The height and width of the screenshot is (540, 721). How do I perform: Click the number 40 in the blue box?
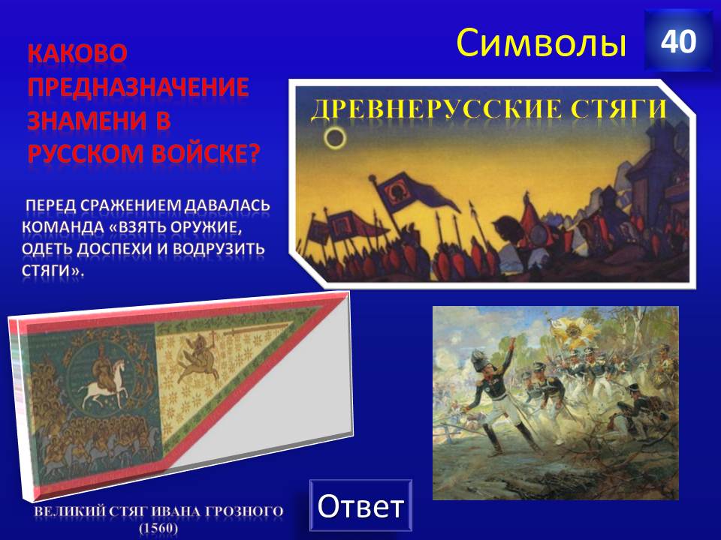[678, 42]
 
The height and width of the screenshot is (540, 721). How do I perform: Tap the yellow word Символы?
[542, 43]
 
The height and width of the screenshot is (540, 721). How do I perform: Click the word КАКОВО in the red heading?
[77, 53]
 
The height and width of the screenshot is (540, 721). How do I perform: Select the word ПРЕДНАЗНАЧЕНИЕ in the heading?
[138, 87]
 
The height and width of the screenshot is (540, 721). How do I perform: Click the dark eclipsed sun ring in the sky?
[334, 136]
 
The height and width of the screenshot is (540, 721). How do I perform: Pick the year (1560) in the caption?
[158, 528]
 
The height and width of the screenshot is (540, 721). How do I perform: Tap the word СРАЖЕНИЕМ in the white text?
[131, 205]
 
